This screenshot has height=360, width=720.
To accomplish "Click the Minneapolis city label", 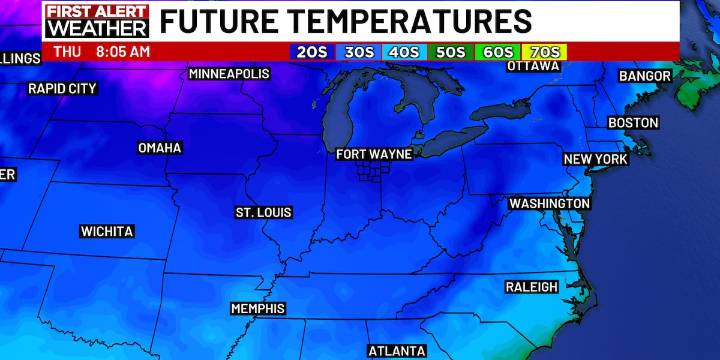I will coord(230,74).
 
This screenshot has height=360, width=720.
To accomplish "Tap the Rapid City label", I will coord(62,88).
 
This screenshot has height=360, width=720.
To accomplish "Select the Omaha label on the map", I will coord(160,148).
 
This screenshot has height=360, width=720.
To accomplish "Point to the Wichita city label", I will coord(106,231).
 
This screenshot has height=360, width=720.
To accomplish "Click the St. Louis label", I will coord(264,213).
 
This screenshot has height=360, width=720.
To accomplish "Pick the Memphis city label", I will coord(258,308).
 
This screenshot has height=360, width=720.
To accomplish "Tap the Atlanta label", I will coord(397,351).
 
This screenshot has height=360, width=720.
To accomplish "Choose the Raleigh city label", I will coord(532,287).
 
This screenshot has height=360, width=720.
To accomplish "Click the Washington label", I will coord(550,203).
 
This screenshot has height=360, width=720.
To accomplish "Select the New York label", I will coord(595,159).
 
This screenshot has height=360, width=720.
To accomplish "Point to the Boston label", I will coord(634,122).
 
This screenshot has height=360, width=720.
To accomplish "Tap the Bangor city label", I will coord(645,76).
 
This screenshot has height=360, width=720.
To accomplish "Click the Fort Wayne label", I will coord(375,154).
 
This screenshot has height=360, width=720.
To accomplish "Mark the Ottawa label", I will coord(533,66).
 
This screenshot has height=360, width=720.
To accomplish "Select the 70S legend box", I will coord(546,51).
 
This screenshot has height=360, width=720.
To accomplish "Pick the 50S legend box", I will coord(451,51).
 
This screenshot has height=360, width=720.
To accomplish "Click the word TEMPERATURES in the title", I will coord(411,21).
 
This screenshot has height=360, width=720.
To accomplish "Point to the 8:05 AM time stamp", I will coord(122,51).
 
